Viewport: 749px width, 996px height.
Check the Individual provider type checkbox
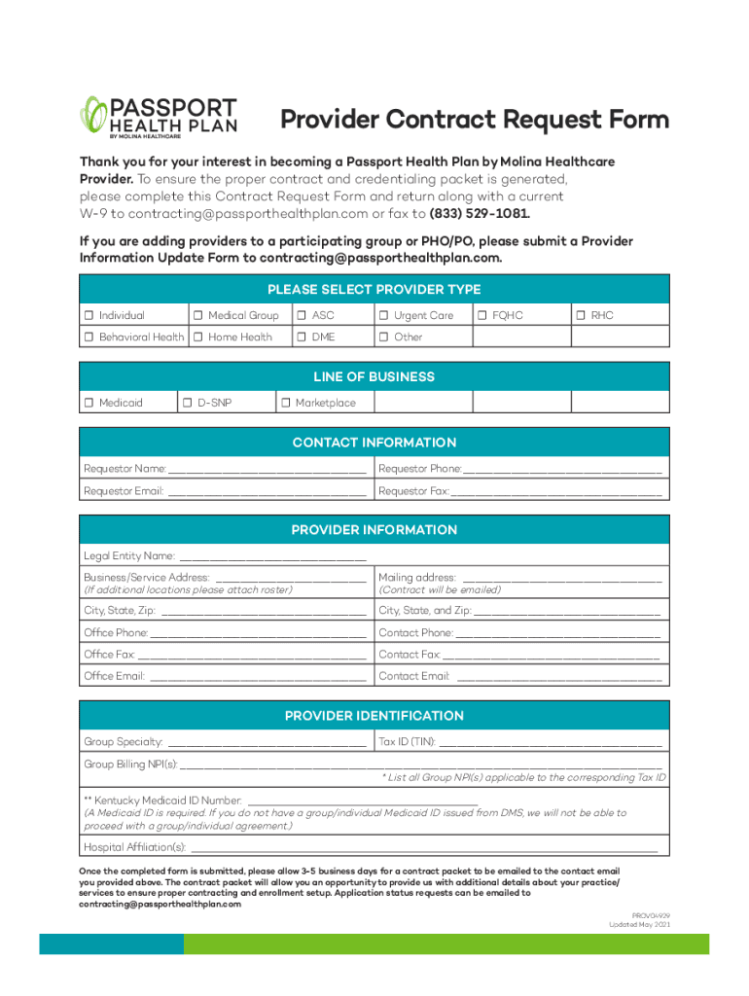(89, 315)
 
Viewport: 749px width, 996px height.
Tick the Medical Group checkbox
(197, 315)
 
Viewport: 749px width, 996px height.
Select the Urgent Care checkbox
(384, 315)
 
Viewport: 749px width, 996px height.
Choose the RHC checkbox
(581, 315)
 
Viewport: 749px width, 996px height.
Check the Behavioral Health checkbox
(89, 338)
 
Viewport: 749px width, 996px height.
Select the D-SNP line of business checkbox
(187, 403)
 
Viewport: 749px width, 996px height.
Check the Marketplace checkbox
(286, 403)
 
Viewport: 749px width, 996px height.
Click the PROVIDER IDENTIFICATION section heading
(374, 716)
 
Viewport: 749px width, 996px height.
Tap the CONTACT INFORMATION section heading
(374, 443)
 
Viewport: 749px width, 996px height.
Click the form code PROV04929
(651, 915)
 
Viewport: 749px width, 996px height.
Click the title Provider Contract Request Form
(475, 120)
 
